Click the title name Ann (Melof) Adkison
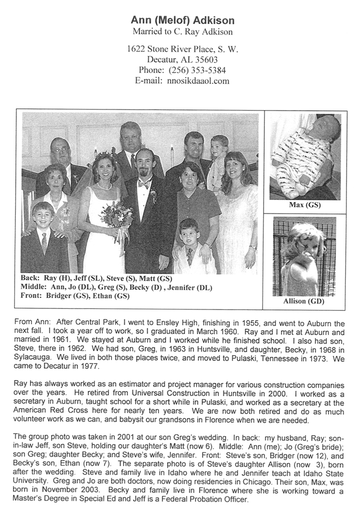(x=182, y=21)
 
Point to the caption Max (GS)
(x=304, y=205)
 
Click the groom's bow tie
(x=144, y=185)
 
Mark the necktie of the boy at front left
(x=43, y=244)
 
